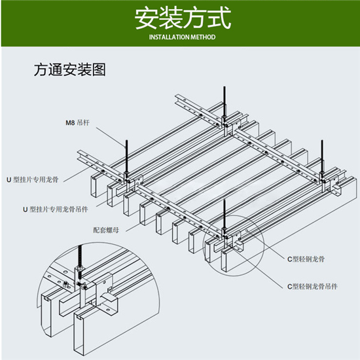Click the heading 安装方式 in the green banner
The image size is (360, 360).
[x=183, y=18]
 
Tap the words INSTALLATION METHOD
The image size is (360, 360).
[x=183, y=37]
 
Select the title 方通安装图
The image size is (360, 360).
[x=70, y=69]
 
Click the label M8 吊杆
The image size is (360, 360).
[x=77, y=122]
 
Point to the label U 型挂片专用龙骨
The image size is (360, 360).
[x=33, y=179]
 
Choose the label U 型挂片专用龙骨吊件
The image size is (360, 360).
[x=56, y=209]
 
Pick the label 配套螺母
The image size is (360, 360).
[x=106, y=230]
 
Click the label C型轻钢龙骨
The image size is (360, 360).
[x=306, y=259]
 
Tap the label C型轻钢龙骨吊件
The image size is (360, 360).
[x=312, y=286]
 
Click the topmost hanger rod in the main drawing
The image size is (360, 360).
[x=225, y=103]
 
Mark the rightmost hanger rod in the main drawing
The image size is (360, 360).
[x=322, y=158]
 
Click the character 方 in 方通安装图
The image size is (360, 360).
[x=41, y=69]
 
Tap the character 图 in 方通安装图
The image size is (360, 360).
[x=99, y=69]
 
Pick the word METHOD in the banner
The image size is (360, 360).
[x=203, y=37]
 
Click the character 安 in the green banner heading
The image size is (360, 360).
[x=146, y=18]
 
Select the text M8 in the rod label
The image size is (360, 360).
[x=70, y=123]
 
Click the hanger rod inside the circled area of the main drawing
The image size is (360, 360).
[x=225, y=217]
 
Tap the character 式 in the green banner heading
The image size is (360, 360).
[x=219, y=18]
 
